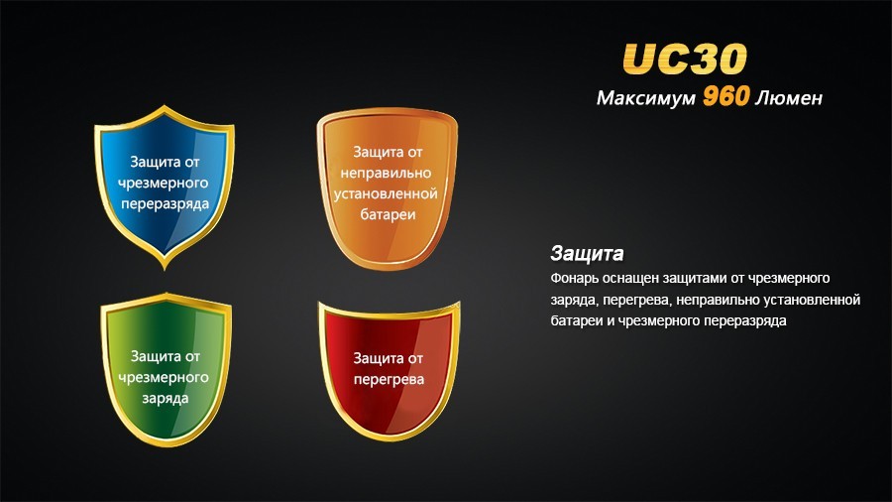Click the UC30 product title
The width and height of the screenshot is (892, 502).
[684, 59]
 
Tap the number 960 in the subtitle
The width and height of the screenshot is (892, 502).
[731, 98]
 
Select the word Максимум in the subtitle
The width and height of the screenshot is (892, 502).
[645, 99]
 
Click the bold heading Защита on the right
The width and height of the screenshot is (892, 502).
[586, 252]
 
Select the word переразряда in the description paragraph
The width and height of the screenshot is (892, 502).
[741, 321]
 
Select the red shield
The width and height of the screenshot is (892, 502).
[390, 367]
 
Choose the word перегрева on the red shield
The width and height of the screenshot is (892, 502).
[390, 379]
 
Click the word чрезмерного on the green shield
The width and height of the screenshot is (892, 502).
[165, 377]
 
